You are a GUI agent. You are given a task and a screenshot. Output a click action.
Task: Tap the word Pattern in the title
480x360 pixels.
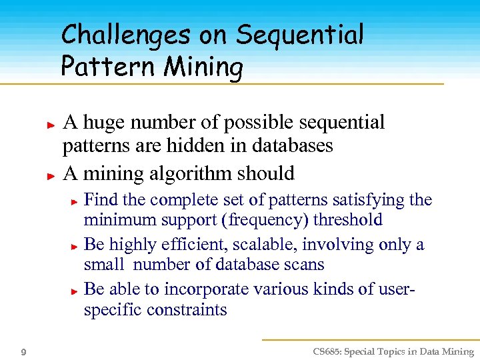tap(97, 67)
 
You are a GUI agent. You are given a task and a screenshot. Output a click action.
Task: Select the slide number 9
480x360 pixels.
tap(24, 352)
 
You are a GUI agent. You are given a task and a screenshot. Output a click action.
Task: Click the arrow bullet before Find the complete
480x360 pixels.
tap(75, 201)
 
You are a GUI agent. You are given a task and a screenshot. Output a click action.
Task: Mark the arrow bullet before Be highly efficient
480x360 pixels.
tap(75, 246)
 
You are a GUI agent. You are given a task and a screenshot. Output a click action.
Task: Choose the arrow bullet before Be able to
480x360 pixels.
tap(75, 291)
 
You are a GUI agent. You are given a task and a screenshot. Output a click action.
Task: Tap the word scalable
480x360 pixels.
tap(245, 245)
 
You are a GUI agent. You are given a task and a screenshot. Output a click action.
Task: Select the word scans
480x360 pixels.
tap(303, 265)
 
